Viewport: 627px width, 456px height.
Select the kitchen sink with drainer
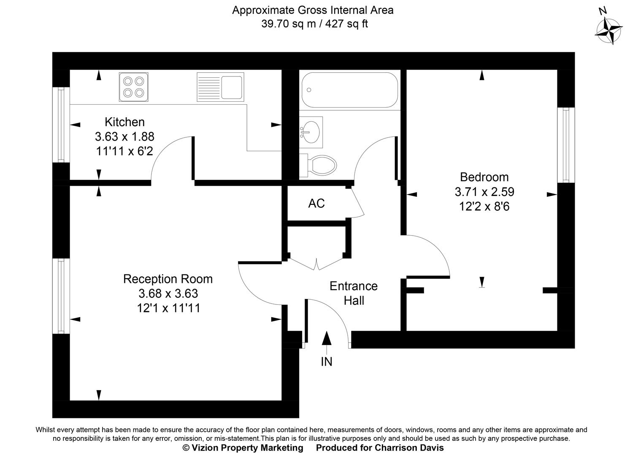(220, 87)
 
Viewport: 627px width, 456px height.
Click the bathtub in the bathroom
(349, 90)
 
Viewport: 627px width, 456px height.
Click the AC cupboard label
(316, 204)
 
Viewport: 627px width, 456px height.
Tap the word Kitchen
(124, 122)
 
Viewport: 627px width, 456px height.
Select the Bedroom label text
(484, 177)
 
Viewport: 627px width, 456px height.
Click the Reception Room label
(168, 279)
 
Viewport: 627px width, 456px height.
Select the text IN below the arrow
(327, 362)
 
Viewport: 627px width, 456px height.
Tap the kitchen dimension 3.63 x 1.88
(124, 136)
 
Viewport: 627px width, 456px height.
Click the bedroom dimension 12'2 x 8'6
(484, 206)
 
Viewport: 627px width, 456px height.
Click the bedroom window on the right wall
(566, 145)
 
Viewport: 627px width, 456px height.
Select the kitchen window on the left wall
(61, 125)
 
